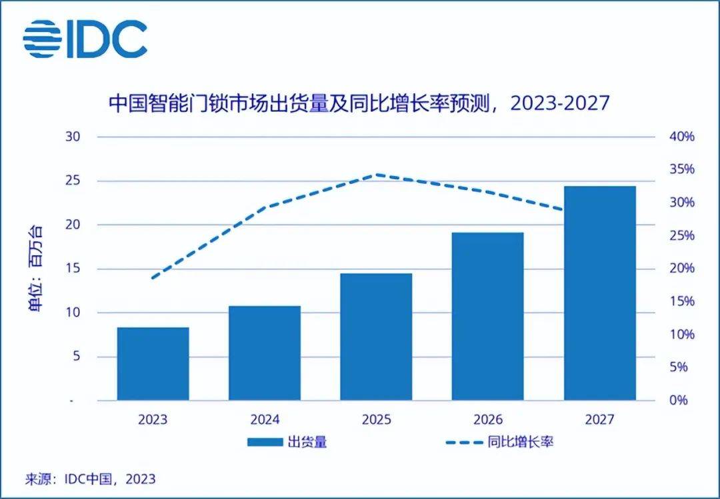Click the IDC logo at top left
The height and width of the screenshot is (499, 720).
point(85,39)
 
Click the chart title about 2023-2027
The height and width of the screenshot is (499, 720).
point(359,103)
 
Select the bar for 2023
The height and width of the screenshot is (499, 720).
point(153,364)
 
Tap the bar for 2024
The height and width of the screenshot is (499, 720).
point(265,353)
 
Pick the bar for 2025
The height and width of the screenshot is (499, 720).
point(376,336)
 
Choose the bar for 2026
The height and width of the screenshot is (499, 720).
point(488,316)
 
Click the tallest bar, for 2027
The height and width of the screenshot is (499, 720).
point(599,293)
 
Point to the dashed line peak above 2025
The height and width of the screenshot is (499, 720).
point(377,175)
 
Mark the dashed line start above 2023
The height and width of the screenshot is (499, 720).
point(153,278)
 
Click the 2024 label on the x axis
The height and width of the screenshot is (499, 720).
point(265,420)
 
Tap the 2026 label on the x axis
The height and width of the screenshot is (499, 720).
point(488,420)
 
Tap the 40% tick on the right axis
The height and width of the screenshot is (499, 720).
point(681,137)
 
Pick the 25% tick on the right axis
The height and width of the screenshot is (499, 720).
point(681,235)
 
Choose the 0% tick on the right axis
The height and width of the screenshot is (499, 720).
point(679,400)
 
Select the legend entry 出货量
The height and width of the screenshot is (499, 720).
point(287,442)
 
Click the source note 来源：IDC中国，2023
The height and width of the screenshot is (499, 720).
point(90,478)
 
